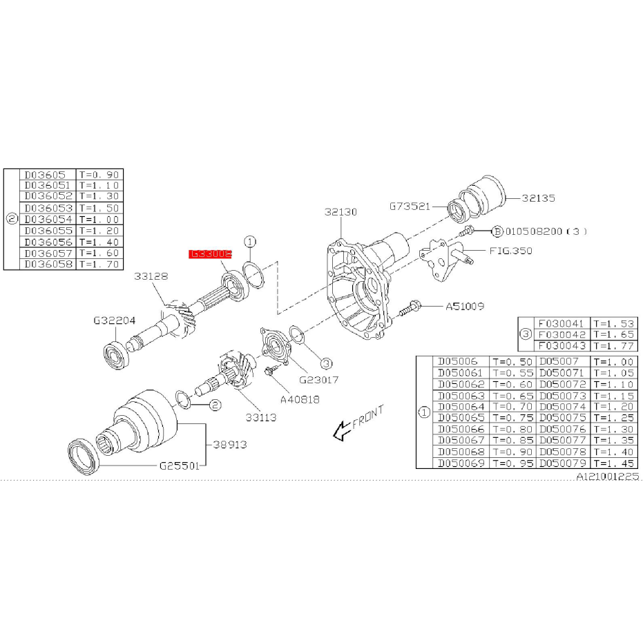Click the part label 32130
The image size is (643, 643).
[x=341, y=212]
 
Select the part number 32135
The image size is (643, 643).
[x=539, y=198]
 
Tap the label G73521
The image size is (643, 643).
[x=411, y=206]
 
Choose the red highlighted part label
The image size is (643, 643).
[x=211, y=254]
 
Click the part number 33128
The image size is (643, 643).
[x=151, y=276]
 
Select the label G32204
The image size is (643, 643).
[x=115, y=320]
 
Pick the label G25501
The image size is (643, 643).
[x=180, y=466]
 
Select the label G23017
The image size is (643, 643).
[x=318, y=379]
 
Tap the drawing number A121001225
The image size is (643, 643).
[x=608, y=477]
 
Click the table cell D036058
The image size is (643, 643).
[x=48, y=264]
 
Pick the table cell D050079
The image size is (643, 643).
[x=564, y=462]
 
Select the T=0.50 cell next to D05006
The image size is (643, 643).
[x=512, y=361]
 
